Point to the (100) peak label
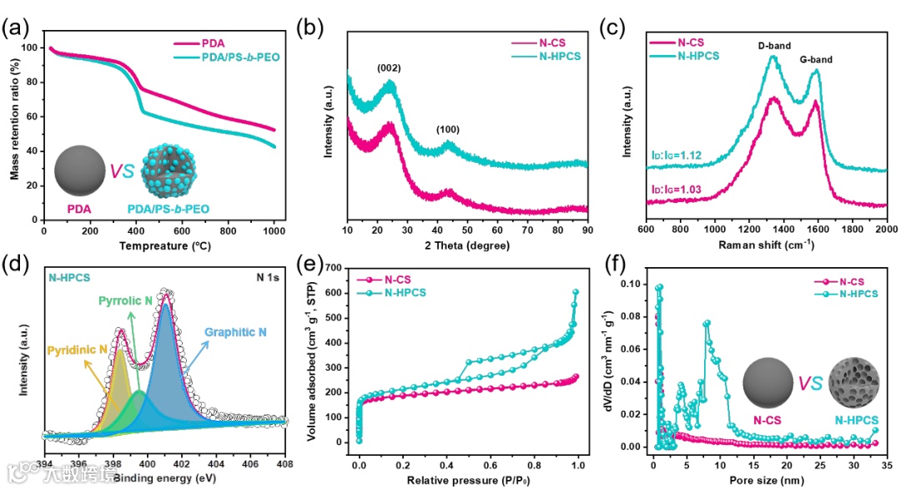pos(447,129)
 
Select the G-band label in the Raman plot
pos(815,59)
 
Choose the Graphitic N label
pos(236,332)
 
